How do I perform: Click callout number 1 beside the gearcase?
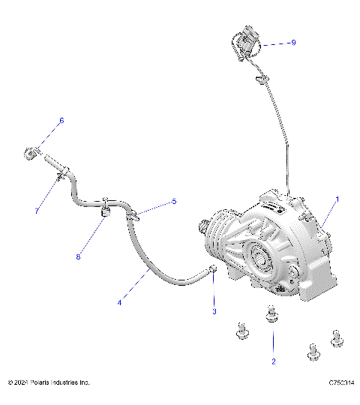(337, 199)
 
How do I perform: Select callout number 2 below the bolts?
(274, 361)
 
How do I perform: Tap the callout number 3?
(214, 310)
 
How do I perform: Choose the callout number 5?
(175, 201)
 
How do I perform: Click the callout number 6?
(61, 120)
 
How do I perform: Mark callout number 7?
(37, 211)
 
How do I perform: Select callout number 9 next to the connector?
(293, 43)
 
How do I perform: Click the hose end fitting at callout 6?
(31, 153)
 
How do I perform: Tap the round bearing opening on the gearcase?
(262, 259)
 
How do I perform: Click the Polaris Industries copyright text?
(49, 382)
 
